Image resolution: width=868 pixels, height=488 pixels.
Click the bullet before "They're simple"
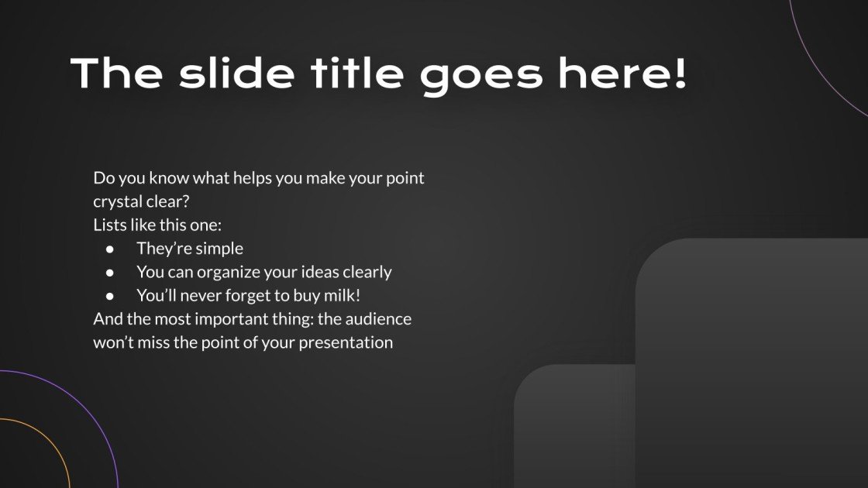[111, 249]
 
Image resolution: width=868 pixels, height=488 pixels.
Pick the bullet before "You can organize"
[111, 273]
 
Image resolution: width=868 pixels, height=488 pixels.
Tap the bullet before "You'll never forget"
[111, 296]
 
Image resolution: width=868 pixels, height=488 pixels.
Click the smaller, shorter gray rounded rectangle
[573, 426]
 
